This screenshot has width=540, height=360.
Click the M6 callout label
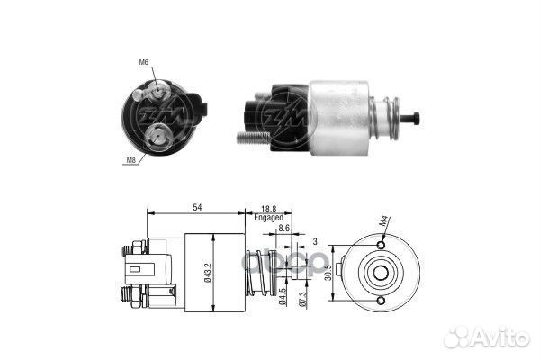coord(144,62)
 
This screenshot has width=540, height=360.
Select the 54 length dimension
coord(195,208)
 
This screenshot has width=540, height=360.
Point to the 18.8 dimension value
coord(269,208)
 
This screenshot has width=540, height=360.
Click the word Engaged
coord(268,218)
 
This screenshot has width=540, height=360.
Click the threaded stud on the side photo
coord(255,138)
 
